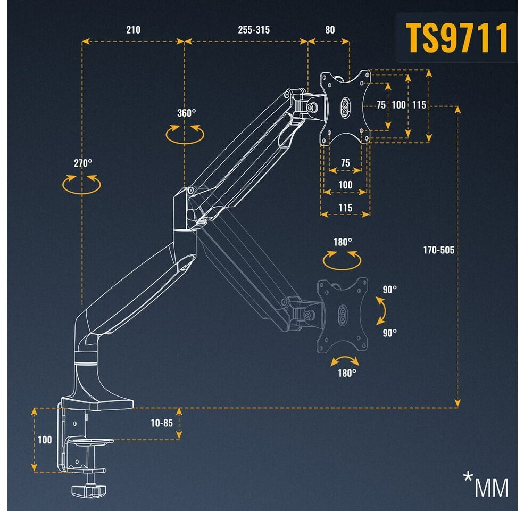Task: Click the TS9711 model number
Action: point(457,38)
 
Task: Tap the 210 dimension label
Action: point(133,30)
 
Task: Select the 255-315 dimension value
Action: point(253,30)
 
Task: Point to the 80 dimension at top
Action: point(330,30)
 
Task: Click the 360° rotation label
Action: point(186,113)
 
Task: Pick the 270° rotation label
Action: point(83,163)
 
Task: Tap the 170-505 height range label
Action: point(439,250)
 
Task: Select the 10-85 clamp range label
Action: point(162,423)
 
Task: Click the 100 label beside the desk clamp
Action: point(45,440)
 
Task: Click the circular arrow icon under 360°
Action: point(185,134)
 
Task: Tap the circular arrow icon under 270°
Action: point(81,184)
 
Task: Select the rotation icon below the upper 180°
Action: point(342,260)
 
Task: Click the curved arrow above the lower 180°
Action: point(345,361)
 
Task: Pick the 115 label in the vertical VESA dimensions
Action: point(419,105)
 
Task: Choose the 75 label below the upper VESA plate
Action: point(345,163)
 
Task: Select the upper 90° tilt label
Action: point(390,290)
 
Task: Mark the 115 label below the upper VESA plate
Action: point(345,208)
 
